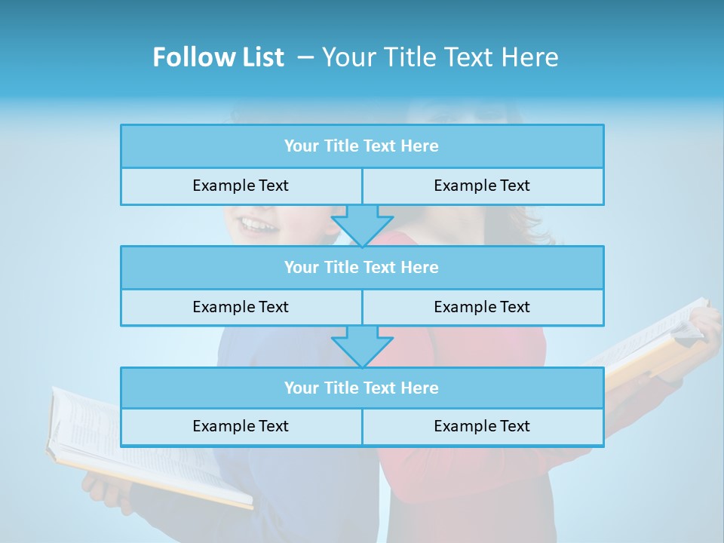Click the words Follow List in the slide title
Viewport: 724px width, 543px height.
pyautogui.click(x=218, y=57)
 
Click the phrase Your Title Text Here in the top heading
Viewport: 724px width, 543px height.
pyautogui.click(x=440, y=57)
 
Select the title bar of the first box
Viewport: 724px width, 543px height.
pyautogui.click(x=362, y=146)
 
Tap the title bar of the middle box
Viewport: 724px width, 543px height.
pyautogui.click(x=362, y=267)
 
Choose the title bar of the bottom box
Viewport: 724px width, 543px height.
pyautogui.click(x=362, y=388)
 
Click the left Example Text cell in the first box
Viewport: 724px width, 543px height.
pyautogui.click(x=241, y=186)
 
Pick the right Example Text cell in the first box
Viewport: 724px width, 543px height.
pyautogui.click(x=482, y=186)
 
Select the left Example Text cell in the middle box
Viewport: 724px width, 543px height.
pyautogui.click(x=241, y=307)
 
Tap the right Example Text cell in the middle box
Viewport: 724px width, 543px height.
pyautogui.click(x=482, y=307)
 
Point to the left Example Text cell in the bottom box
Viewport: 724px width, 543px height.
pyautogui.click(x=241, y=426)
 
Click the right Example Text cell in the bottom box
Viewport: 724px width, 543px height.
pyautogui.click(x=482, y=426)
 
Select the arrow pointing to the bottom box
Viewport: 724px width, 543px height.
pyautogui.click(x=362, y=346)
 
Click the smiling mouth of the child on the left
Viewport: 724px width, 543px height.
pyautogui.click(x=256, y=225)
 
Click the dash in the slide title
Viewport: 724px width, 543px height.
pyautogui.click(x=306, y=57)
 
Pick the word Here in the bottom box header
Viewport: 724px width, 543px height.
pyautogui.click(x=420, y=388)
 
